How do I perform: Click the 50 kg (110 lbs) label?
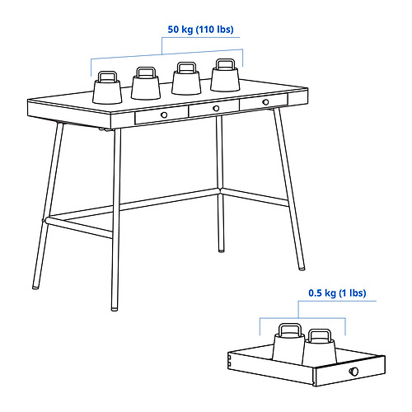200,30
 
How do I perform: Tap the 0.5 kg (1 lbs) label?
337,293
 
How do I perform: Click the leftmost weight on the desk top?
107,87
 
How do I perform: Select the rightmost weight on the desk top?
225,75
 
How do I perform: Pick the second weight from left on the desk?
146,83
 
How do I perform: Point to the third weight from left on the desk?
186,78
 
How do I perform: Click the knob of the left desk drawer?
164,115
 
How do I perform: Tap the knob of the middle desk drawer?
216,108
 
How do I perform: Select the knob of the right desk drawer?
265,102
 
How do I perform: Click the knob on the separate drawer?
353,372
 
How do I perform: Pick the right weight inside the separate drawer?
319,348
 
